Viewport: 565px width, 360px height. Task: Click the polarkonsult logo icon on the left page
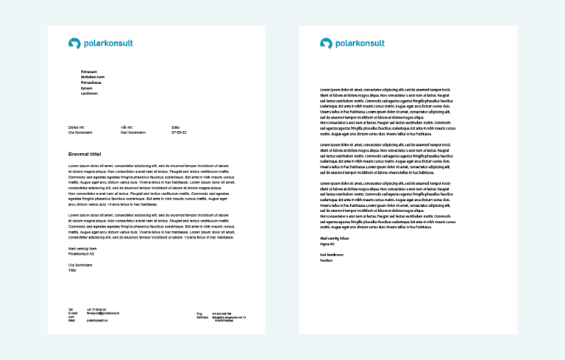pos(74,43)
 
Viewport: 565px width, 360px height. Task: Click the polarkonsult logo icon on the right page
pos(326,43)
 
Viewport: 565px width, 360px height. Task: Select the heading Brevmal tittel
pos(85,153)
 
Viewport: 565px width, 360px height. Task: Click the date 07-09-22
pos(180,133)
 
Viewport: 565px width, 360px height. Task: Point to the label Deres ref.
pos(77,127)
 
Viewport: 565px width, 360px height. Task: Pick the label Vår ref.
pos(127,127)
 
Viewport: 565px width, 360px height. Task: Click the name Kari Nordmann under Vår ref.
pos(133,133)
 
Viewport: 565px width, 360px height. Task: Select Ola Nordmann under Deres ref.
pos(80,133)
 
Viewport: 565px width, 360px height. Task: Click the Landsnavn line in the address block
pos(89,93)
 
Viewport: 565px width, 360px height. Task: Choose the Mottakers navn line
pos(93,77)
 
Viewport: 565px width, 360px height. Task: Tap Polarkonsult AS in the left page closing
pos(82,254)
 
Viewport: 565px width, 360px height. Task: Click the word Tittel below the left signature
pos(72,270)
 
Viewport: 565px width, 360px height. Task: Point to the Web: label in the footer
pos(71,320)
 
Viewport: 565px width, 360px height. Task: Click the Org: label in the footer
pos(199,314)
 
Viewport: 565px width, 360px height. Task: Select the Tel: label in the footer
pos(71,309)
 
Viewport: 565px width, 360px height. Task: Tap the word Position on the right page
pos(327,259)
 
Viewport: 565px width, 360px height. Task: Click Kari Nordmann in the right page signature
pos(332,254)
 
